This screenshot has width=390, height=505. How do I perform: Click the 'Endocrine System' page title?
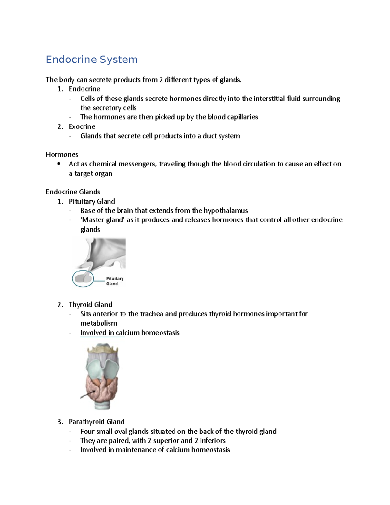[92, 60]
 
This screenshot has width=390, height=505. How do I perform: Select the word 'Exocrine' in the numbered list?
[82, 126]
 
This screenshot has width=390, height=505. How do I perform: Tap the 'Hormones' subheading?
[62, 154]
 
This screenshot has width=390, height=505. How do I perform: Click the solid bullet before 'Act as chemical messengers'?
[59, 164]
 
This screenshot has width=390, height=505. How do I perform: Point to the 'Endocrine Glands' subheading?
[73, 192]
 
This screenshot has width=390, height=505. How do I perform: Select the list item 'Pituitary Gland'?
[92, 201]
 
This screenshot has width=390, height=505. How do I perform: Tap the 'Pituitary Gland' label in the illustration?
[114, 281]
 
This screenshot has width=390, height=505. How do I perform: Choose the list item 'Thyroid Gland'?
[90, 304]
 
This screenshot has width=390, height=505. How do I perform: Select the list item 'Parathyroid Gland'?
[97, 421]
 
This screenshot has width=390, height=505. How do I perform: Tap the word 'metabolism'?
[99, 323]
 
